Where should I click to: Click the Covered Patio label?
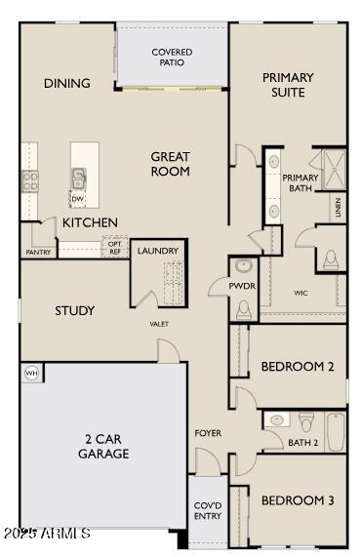tap(172, 57)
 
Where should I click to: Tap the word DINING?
tap(67, 84)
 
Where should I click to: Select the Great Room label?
tap(170, 164)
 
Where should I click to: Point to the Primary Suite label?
tap(288, 85)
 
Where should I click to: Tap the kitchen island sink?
tap(77, 178)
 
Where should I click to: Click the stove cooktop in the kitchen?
tap(29, 179)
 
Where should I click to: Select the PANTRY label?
tap(38, 253)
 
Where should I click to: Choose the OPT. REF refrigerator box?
tap(115, 248)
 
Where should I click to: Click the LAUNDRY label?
tap(158, 251)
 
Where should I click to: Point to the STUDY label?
tap(74, 311)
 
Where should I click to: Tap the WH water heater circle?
tap(30, 373)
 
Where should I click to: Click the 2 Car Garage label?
tap(104, 447)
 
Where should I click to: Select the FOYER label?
tap(208, 432)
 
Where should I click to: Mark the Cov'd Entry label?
tap(206, 509)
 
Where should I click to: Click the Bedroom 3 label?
tap(298, 500)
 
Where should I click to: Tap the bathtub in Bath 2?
tap(336, 430)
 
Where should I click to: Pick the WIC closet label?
tap(301, 293)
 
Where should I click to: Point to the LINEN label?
tap(338, 207)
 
